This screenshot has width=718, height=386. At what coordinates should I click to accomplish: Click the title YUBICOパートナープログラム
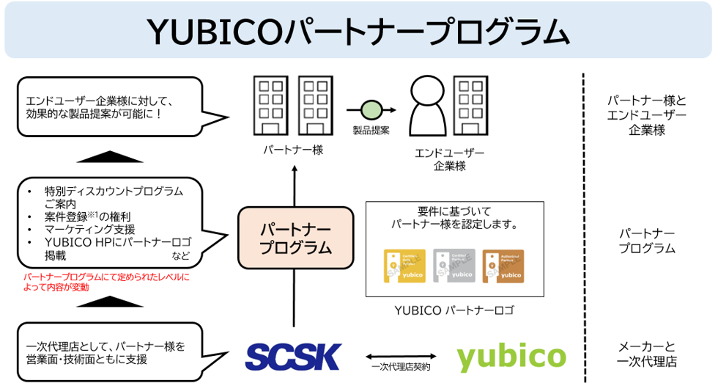tap(358, 31)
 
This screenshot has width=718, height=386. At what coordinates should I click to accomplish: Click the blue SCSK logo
tap(293, 357)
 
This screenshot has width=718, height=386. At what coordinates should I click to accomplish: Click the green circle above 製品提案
tap(371, 110)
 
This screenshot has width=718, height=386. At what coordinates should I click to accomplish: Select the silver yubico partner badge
tap(454, 266)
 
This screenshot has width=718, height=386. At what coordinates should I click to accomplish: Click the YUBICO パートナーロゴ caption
tap(454, 310)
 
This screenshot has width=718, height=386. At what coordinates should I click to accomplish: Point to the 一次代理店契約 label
tap(401, 367)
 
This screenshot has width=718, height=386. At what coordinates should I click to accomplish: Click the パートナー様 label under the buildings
tap(293, 150)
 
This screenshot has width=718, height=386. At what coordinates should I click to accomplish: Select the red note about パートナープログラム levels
tap(106, 282)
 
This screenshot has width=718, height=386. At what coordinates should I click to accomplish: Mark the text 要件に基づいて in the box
tap(454, 211)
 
